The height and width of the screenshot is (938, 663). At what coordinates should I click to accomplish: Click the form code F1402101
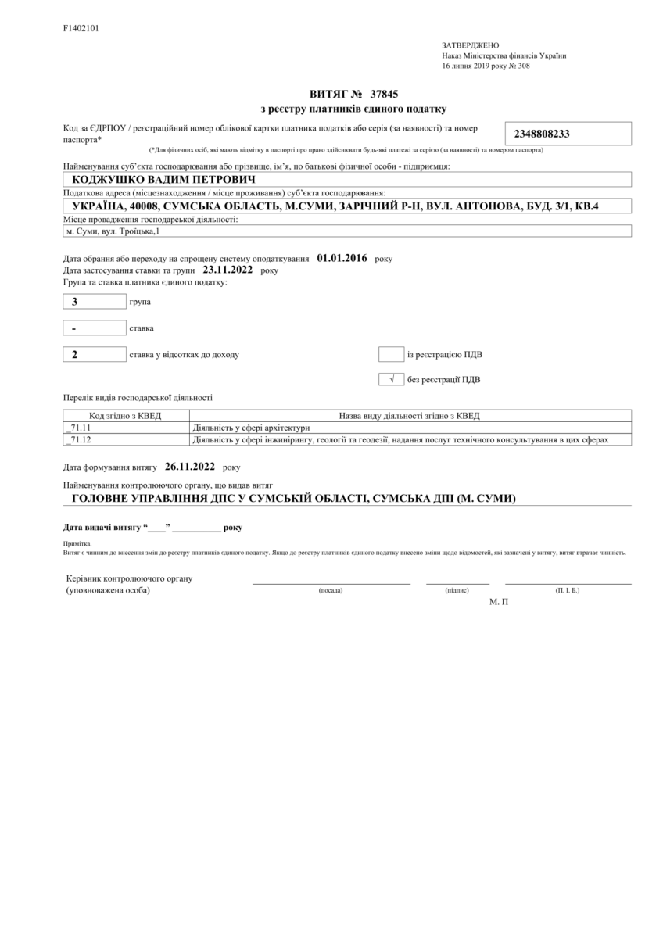click(x=81, y=28)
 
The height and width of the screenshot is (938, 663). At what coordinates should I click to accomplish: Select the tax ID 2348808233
click(x=542, y=134)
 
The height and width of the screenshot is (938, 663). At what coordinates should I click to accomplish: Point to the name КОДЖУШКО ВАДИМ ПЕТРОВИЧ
click(x=152, y=179)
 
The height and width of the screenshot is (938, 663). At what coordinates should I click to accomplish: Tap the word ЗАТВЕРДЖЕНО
click(x=470, y=45)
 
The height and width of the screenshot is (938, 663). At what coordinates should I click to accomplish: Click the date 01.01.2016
click(x=342, y=257)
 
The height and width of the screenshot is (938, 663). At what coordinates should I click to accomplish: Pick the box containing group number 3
click(x=94, y=302)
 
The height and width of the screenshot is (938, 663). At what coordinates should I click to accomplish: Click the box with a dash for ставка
click(x=94, y=328)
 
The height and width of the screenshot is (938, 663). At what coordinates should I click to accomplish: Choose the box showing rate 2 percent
click(x=94, y=355)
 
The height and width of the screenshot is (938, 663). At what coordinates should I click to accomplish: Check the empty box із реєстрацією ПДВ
click(x=390, y=355)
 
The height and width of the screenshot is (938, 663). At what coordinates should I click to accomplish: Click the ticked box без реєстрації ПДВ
click(x=390, y=381)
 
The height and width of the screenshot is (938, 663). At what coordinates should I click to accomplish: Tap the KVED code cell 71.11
click(x=125, y=428)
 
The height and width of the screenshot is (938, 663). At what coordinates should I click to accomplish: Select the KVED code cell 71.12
click(x=125, y=440)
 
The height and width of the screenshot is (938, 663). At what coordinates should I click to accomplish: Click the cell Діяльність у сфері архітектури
click(x=251, y=428)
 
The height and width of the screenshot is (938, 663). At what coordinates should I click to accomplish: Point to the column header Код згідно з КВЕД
click(x=125, y=415)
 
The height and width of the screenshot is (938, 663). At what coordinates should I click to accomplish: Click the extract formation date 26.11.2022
click(x=189, y=467)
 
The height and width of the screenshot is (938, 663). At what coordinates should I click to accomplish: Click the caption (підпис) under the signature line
click(x=457, y=590)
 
